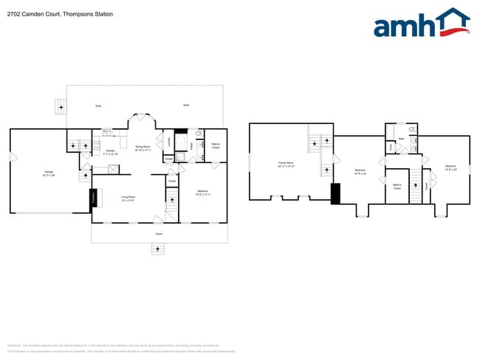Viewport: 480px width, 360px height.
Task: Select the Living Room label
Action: (128, 198)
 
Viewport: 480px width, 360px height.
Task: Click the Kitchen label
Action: (110, 152)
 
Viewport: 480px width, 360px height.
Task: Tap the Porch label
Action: (159, 234)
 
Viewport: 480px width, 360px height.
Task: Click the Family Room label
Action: (286, 164)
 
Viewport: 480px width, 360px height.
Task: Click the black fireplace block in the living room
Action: (94, 198)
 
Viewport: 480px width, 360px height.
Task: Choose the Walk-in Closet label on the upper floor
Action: (397, 187)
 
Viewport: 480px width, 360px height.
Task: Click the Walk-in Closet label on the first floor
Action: (216, 146)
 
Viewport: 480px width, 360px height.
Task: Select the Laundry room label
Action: (171, 141)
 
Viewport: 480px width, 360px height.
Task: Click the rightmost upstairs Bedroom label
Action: (450, 168)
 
